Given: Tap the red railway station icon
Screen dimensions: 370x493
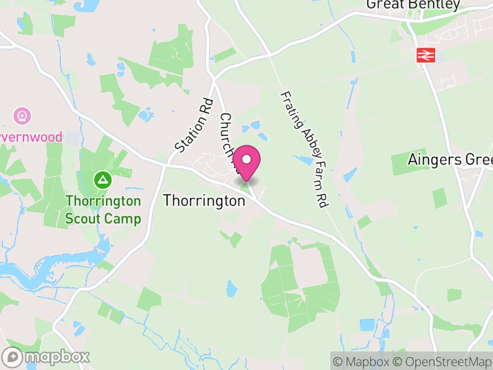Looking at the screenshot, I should (425, 55).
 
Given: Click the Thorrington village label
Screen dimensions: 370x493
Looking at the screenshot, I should (204, 201).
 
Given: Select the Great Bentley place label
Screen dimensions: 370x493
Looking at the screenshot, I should (413, 5).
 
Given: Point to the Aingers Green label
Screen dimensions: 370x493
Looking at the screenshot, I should (450, 160).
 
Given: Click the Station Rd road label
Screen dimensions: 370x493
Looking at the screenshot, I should (194, 126).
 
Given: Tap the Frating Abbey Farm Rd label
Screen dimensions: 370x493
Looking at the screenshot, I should (303, 149).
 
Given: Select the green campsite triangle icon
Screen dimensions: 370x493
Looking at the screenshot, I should (102, 181).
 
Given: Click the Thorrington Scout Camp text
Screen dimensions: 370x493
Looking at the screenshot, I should (104, 210).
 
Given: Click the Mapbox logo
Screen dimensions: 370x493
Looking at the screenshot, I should (46, 356).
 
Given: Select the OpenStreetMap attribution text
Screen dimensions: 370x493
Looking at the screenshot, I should (446, 361).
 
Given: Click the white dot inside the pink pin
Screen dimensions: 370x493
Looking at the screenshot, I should (246, 159).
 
